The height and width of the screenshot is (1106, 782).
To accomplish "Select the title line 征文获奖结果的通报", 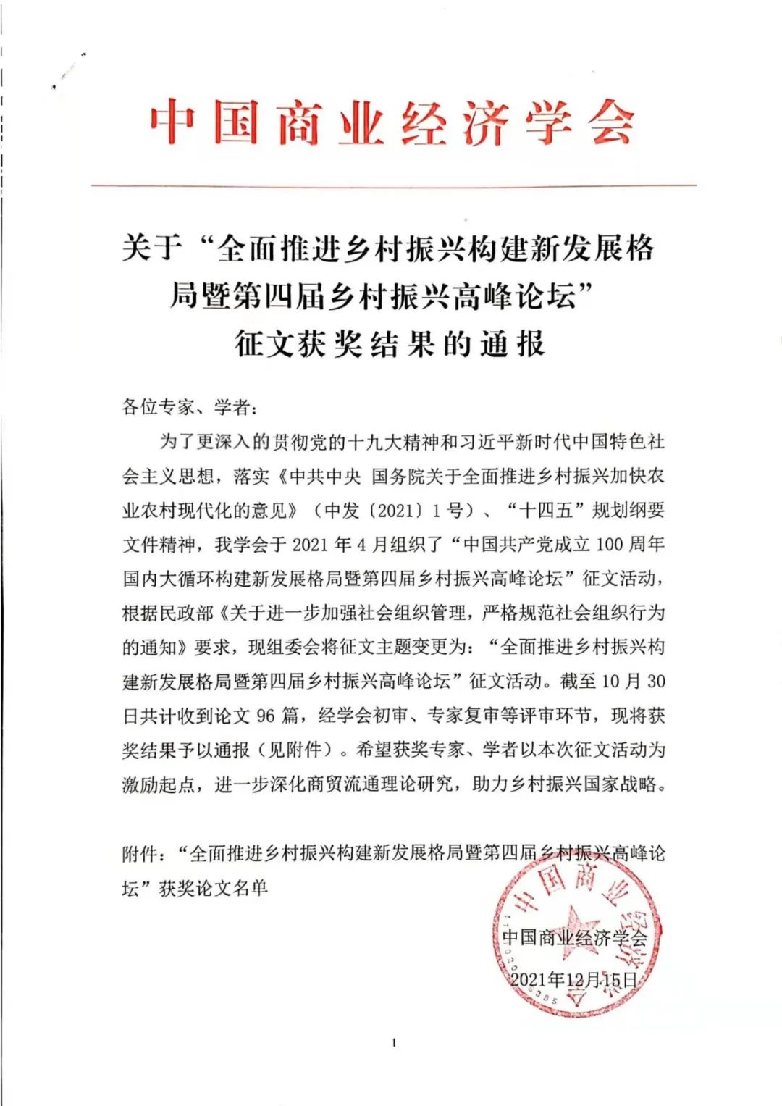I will click(x=390, y=344).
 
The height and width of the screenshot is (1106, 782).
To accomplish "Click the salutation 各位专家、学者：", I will click(x=190, y=407).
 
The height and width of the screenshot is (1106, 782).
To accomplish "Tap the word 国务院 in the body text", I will click(x=398, y=476).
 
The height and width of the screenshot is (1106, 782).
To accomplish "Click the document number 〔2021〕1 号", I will click(x=420, y=510).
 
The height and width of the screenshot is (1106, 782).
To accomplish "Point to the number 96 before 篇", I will click(x=266, y=716).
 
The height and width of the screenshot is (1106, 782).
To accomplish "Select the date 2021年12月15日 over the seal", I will click(x=573, y=980).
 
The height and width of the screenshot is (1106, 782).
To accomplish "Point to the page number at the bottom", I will click(x=393, y=1043).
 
